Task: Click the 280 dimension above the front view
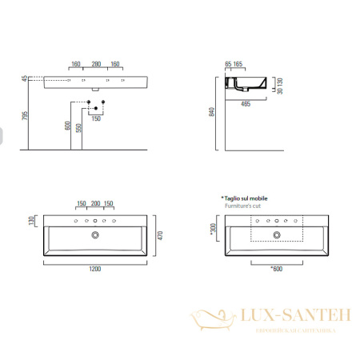[x=95, y=63]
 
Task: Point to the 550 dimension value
[x=79, y=127]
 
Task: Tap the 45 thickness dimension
[x=25, y=78]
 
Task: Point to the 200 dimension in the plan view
[x=95, y=204]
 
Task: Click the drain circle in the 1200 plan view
[x=95, y=235]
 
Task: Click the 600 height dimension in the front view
[x=68, y=125]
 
